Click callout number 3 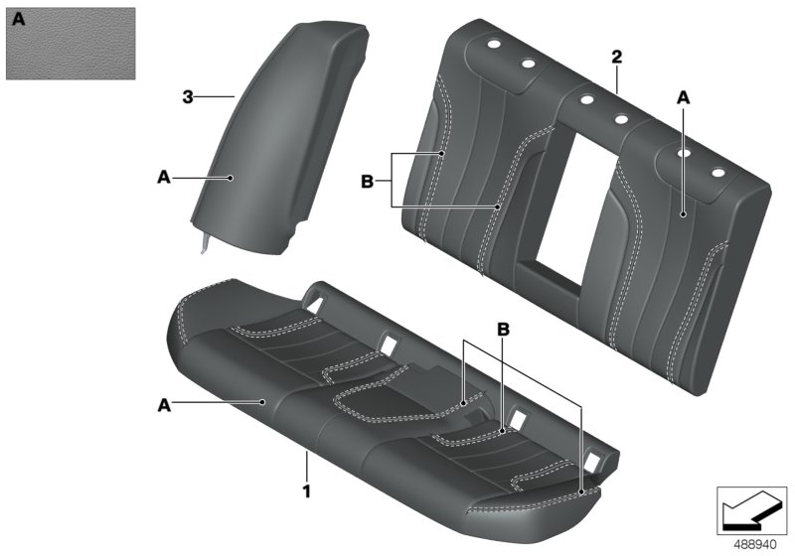[x=187, y=96]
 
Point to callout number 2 [x=616, y=58]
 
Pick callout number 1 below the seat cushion [x=308, y=489]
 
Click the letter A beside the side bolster [x=164, y=177]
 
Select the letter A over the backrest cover [x=683, y=97]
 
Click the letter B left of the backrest [x=366, y=182]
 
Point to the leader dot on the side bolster [x=231, y=178]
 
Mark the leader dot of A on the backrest [x=683, y=212]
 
